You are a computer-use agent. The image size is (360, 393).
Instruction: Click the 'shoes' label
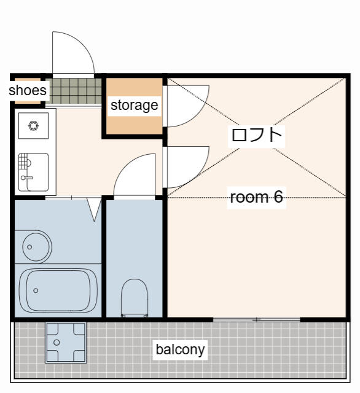(x=28, y=90)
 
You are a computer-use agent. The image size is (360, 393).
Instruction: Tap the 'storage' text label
(x=135, y=105)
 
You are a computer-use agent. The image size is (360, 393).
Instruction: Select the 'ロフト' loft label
(x=256, y=135)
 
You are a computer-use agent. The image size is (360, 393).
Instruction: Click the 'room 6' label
(x=256, y=197)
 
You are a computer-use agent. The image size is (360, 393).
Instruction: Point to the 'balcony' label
(x=180, y=349)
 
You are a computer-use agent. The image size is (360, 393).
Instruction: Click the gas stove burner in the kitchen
(x=33, y=125)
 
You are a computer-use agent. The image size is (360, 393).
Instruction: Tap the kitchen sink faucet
(x=27, y=177)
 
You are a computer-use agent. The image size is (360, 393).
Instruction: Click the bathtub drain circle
(x=36, y=290)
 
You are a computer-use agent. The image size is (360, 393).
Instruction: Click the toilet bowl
(x=135, y=297)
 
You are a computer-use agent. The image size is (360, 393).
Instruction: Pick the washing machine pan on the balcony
(x=66, y=343)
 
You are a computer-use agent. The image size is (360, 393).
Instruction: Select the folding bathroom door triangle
(x=94, y=209)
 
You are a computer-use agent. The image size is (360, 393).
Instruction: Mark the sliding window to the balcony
(x=256, y=319)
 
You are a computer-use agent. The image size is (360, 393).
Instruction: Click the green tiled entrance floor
(x=74, y=91)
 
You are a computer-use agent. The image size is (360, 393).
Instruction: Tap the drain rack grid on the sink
(x=23, y=161)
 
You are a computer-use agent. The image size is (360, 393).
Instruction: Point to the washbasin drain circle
(x=29, y=247)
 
